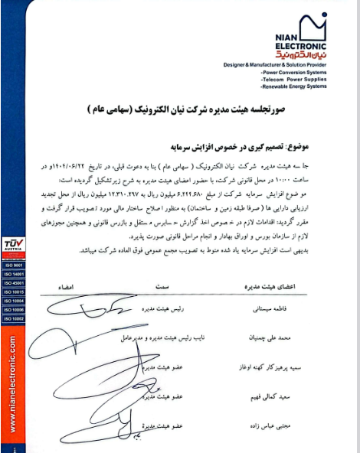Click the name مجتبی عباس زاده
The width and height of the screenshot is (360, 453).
coord(277,425)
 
